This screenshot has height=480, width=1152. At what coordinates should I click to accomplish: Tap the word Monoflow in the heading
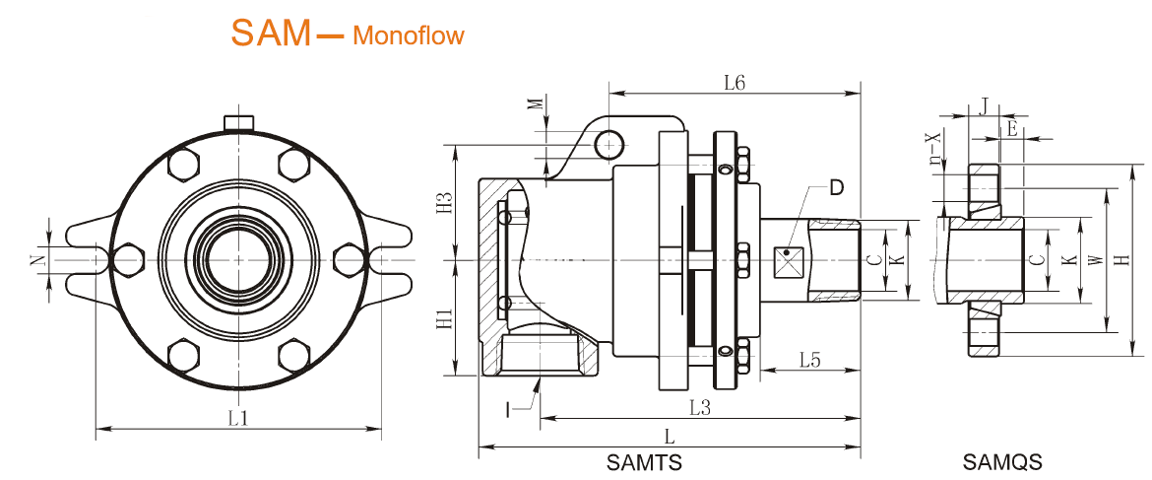pos(408,36)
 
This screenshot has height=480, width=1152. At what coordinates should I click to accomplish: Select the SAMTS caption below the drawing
pos(644,461)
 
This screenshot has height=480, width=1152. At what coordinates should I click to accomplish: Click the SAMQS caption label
pos(1002,461)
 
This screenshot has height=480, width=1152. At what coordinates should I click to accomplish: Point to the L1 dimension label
pos(238,418)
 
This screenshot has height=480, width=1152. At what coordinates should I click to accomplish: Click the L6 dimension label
pos(734,83)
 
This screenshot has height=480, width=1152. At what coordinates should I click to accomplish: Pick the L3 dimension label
pos(699,406)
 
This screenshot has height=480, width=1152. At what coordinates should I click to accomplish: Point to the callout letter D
pos(836,187)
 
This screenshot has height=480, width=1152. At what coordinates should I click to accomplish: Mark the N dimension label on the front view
pos(35,261)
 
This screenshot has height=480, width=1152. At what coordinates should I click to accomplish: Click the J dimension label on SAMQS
pos(985,104)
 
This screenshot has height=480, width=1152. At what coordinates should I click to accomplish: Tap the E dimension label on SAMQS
pos(1011,127)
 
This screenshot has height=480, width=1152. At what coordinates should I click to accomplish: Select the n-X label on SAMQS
pos(934,151)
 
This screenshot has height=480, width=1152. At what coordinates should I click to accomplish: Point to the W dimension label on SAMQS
pos(1095,260)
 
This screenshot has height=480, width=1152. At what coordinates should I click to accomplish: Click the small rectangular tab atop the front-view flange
pos(239,122)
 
